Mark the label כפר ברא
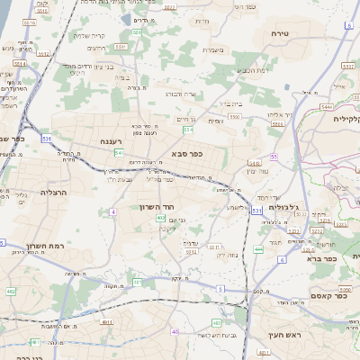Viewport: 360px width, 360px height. (x=322, y=258)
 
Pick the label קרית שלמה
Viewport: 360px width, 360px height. (x=89, y=36)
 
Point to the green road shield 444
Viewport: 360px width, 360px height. (x=259, y=249)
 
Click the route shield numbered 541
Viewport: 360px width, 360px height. (x=119, y=153)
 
